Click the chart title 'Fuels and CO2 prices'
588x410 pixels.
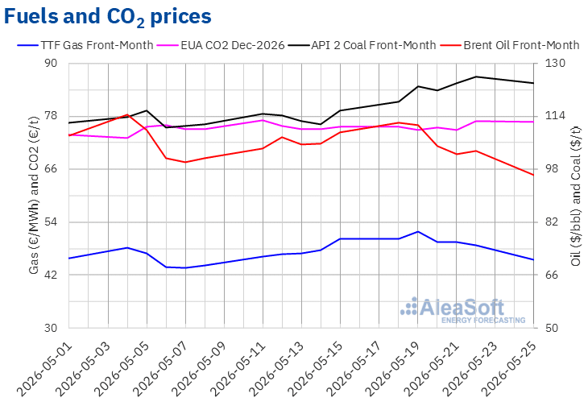click(108, 17)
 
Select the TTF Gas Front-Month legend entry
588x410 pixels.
click(85, 45)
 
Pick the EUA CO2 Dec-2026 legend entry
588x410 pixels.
click(221, 45)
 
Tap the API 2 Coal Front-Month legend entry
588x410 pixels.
click(362, 45)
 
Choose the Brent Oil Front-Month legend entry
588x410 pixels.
click(510, 45)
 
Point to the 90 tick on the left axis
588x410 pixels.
click(51, 63)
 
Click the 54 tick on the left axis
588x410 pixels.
click(51, 222)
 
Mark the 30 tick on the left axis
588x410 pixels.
click(51, 328)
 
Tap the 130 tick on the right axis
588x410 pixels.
click(555, 63)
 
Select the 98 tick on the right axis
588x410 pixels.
click(551, 169)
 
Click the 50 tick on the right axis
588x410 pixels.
click(551, 328)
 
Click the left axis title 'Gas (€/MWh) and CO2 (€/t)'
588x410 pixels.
click(34, 195)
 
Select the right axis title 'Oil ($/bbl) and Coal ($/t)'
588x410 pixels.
click(576, 196)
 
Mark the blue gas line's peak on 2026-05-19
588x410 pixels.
click(418, 232)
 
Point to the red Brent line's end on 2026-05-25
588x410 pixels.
click(533, 175)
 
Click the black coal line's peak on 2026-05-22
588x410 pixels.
click(476, 77)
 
